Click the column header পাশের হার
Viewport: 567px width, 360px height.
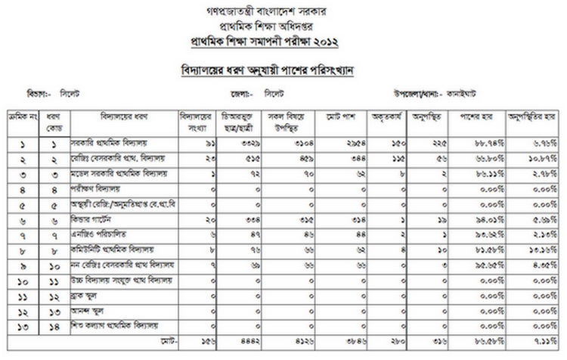[x=476, y=118]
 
